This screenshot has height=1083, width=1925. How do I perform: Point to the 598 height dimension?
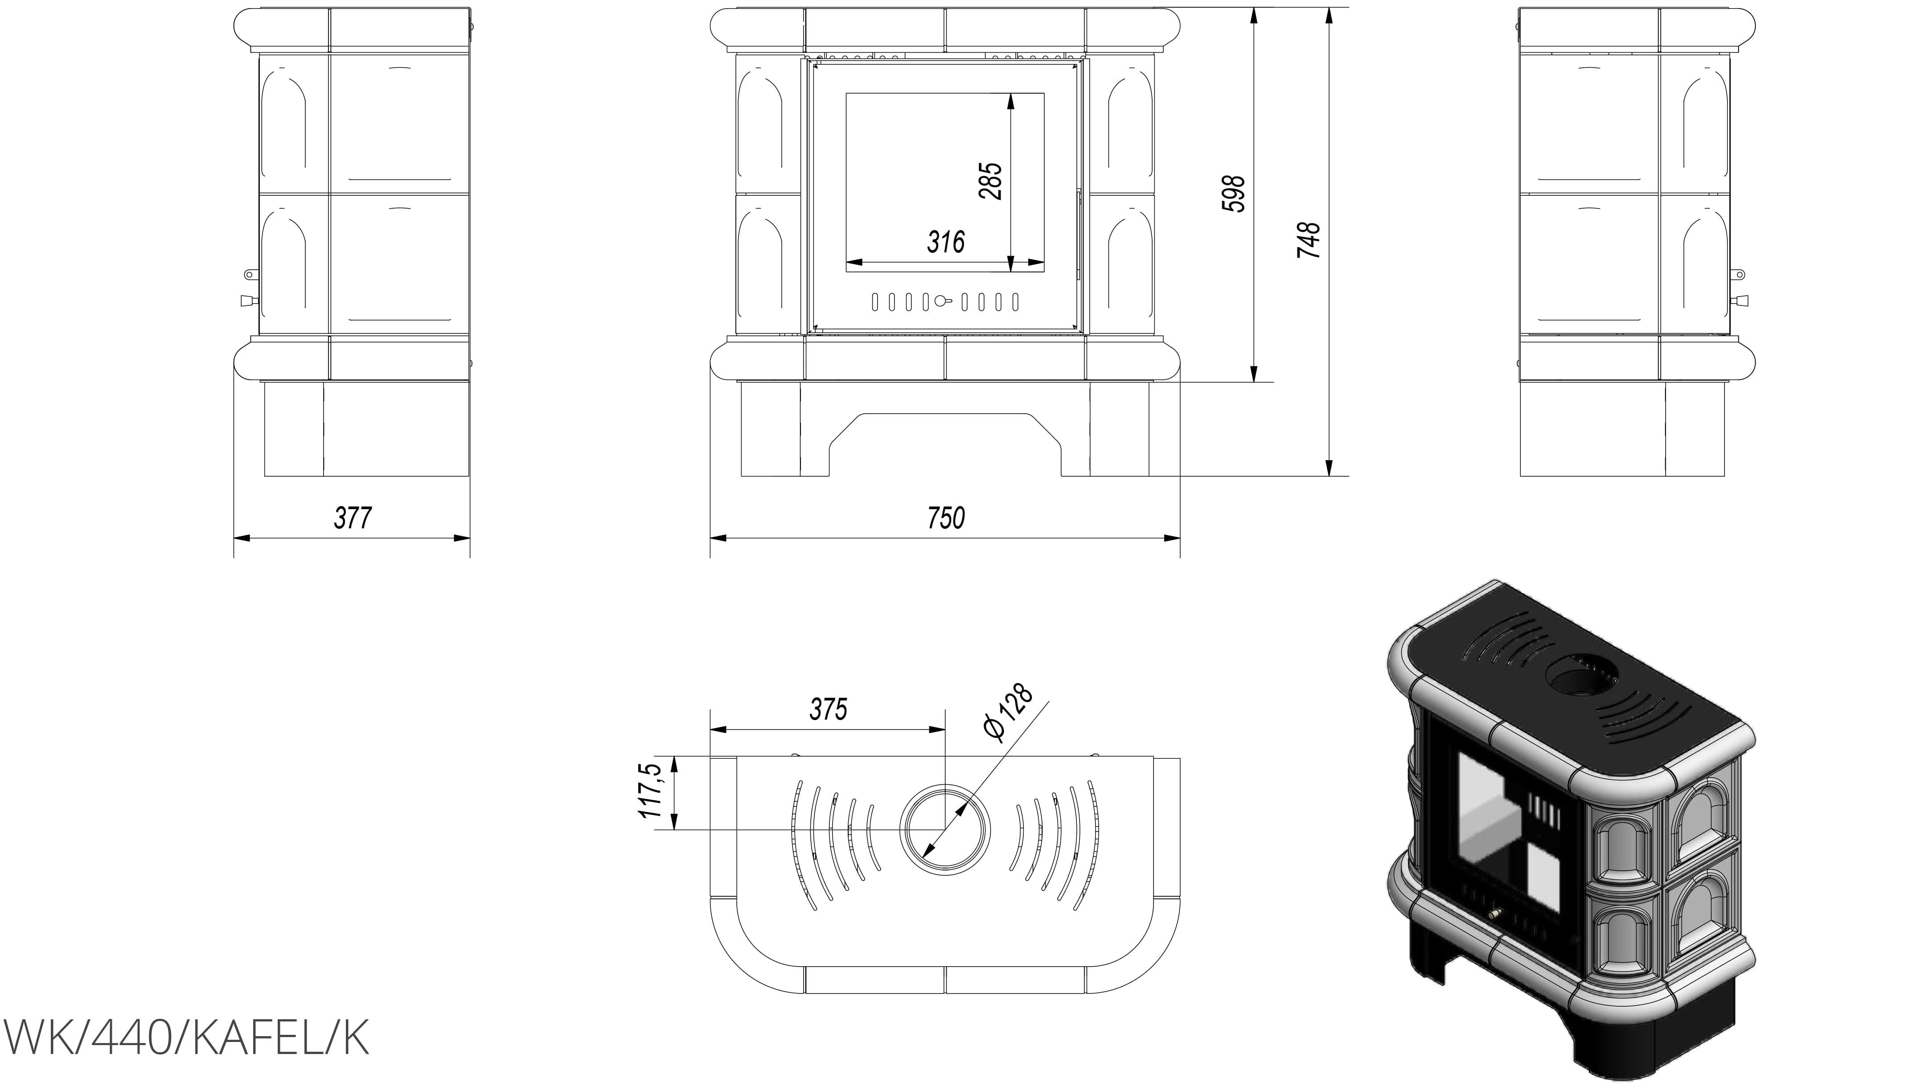pos(1235,194)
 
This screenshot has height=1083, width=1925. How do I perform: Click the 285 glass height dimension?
pos(990,181)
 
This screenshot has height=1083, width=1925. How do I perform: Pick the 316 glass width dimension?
pos(946,241)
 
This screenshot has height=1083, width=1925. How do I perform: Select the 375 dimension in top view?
pos(829,708)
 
